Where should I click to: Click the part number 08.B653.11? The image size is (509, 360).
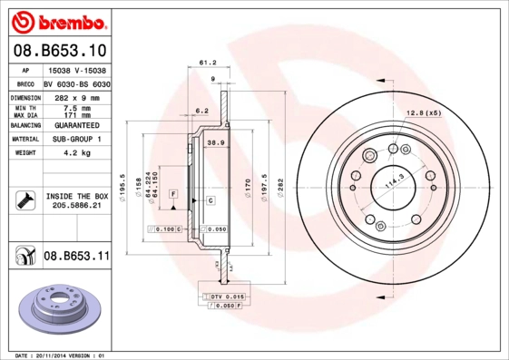pyautogui.click(x=76, y=256)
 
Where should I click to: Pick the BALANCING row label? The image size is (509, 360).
pyautogui.click(x=24, y=126)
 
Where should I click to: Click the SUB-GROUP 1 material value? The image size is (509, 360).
pyautogui.click(x=74, y=140)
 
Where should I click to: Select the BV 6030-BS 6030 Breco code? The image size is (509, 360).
pyautogui.click(x=76, y=83)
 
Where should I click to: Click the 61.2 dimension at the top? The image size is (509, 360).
pyautogui.click(x=206, y=63)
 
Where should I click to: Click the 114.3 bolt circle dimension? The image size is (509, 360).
pyautogui.click(x=394, y=180)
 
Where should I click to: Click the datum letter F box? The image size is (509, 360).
pyautogui.click(x=172, y=195)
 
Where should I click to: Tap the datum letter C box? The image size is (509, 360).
pyautogui.click(x=210, y=199)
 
